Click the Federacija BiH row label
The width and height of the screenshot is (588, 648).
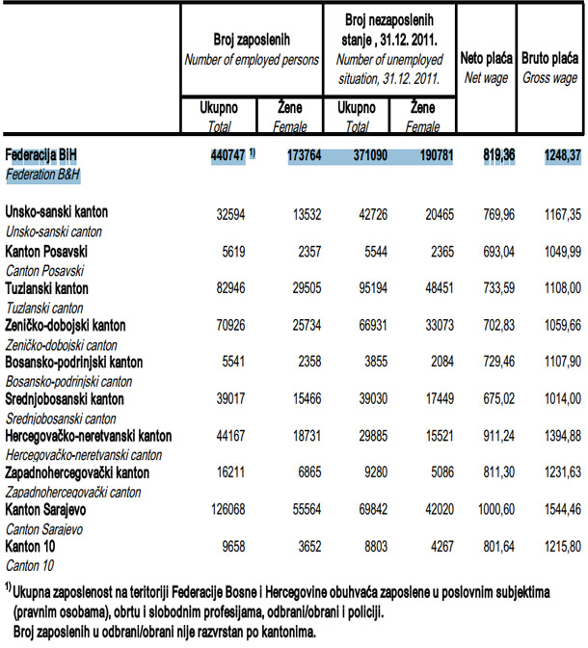point(43,153)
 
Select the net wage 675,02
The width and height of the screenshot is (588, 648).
point(490,398)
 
